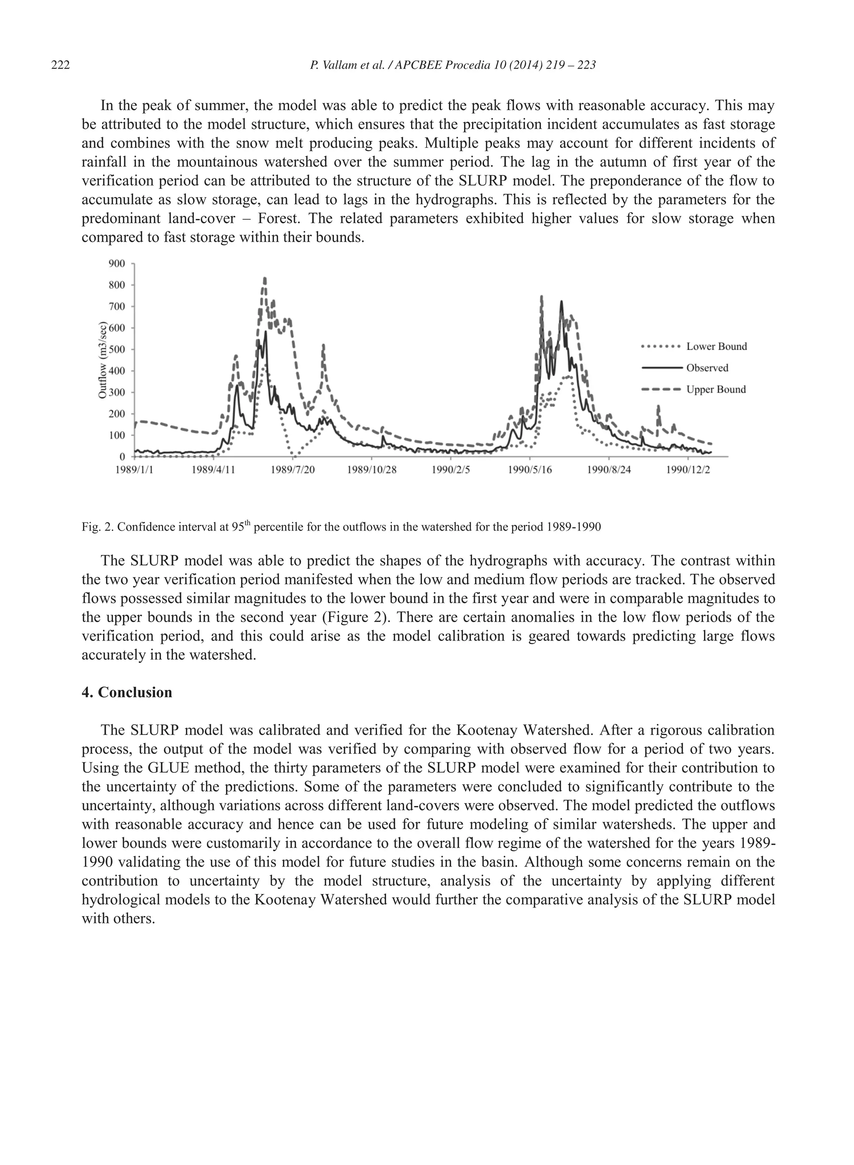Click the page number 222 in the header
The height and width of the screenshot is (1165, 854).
60,65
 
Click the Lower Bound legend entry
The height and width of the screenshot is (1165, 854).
716,346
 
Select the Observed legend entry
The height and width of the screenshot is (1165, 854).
707,368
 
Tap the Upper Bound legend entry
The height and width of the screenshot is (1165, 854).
716,390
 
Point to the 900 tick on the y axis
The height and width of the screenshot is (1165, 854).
116,264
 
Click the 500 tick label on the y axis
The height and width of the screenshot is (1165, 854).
116,349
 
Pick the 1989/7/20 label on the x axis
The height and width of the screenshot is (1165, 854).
293,470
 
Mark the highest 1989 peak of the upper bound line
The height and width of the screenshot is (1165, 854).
265,279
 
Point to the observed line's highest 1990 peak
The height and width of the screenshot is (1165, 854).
561,301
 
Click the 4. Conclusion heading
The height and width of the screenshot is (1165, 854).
127,693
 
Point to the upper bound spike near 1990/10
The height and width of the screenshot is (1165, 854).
658,407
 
